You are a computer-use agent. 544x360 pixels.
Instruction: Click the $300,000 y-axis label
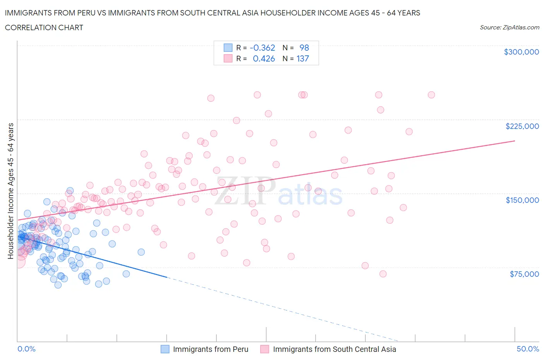(521, 52)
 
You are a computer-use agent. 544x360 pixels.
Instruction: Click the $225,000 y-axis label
(522, 126)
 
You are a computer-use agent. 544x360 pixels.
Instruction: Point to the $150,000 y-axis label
(522, 200)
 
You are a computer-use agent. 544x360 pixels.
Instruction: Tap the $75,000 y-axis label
(524, 274)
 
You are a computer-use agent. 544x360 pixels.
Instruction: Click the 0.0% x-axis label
(26, 349)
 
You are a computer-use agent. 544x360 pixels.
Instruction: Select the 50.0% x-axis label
(528, 349)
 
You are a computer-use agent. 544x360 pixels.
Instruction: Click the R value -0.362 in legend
(262, 48)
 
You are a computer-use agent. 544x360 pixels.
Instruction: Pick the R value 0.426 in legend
(264, 58)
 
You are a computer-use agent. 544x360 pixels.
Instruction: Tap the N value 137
(303, 58)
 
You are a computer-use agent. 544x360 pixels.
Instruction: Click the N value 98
(304, 48)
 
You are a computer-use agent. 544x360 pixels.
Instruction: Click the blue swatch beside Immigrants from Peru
(165, 349)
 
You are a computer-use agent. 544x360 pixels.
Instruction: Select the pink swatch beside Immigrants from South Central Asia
(265, 349)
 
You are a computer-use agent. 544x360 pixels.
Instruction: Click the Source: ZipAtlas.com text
(509, 27)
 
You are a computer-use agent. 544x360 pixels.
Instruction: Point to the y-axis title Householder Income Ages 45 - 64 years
(11, 191)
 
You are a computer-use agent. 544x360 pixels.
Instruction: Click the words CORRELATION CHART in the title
(44, 27)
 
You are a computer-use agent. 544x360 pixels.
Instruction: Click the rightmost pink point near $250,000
(431, 95)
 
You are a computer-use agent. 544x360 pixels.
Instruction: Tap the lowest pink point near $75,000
(383, 274)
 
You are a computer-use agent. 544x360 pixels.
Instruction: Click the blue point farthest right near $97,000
(141, 252)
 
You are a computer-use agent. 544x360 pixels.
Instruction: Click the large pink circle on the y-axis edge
(18, 262)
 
